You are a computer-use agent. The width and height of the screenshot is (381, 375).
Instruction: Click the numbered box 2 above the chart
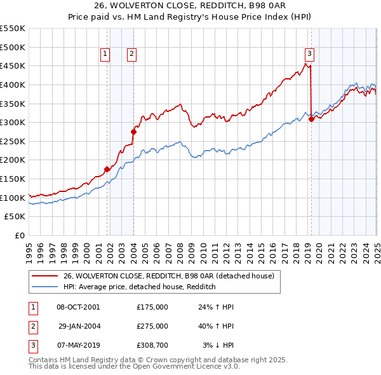coord(131,55)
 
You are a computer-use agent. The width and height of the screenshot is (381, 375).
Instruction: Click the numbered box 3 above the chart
coord(309,55)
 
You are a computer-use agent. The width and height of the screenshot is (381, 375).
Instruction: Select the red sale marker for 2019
coord(311,119)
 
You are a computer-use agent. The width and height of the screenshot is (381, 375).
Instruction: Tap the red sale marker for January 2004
coord(134,132)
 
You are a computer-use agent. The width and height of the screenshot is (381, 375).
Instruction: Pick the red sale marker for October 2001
coord(107,169)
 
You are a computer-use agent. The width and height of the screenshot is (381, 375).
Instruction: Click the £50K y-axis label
coord(15,217)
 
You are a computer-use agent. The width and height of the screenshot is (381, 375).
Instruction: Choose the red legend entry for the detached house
coord(168,276)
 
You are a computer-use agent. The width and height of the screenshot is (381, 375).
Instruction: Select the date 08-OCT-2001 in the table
coord(78,307)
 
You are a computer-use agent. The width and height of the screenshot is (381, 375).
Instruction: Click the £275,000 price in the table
coord(152,326)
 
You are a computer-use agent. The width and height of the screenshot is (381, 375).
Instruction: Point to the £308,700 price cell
coord(152,345)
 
